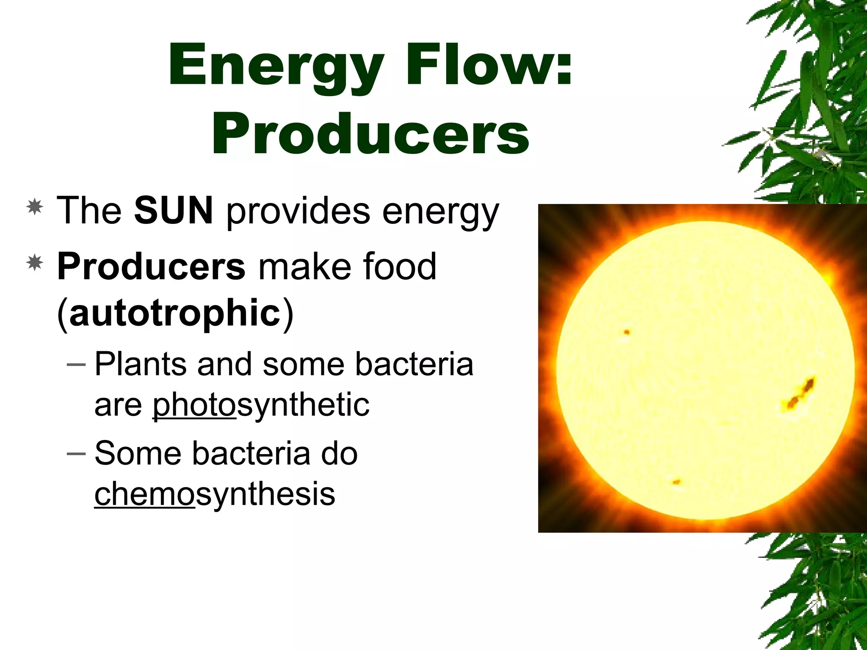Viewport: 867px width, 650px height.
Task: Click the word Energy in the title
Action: [x=276, y=66]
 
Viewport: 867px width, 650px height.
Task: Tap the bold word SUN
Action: [x=174, y=210]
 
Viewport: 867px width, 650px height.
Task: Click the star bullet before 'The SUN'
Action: [x=34, y=207]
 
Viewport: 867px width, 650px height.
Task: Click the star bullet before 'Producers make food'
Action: [x=34, y=263]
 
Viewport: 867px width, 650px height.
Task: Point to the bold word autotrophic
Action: [x=175, y=313]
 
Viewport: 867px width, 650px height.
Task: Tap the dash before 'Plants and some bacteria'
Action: [x=76, y=364]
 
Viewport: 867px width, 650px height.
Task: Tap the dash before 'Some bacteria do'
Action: [x=76, y=453]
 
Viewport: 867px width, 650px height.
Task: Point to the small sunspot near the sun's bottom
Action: [x=676, y=482]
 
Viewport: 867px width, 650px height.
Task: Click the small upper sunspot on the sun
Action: [x=627, y=332]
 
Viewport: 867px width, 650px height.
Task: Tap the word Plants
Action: [x=140, y=364]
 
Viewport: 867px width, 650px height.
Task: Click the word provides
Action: [x=298, y=212]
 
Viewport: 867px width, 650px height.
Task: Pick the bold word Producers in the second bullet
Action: [x=151, y=267]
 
